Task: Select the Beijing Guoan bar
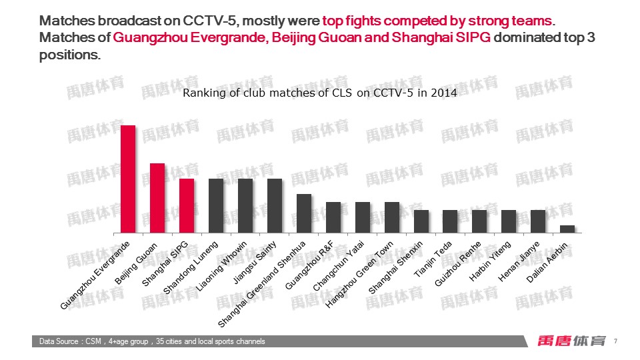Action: coord(157,198)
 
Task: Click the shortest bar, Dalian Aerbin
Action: coord(567,229)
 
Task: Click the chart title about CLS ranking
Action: coord(320,93)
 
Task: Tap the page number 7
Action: coord(615,341)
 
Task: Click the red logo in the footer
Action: coord(571,341)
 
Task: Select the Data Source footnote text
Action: coord(152,341)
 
